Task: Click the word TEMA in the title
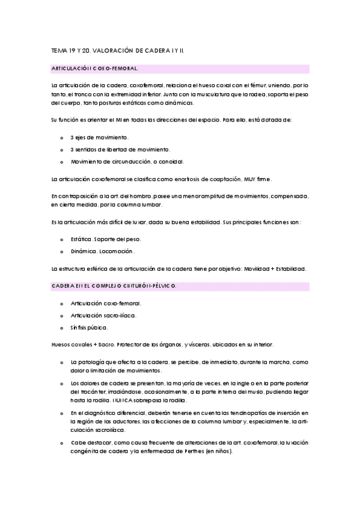click(x=59, y=52)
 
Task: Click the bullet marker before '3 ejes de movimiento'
click(x=62, y=138)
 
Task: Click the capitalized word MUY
click(x=243, y=179)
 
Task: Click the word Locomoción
click(x=118, y=251)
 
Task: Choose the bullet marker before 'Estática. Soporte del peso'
click(x=62, y=239)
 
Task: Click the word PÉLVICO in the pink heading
click(x=160, y=286)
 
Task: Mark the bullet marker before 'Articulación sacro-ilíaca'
click(x=62, y=315)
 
